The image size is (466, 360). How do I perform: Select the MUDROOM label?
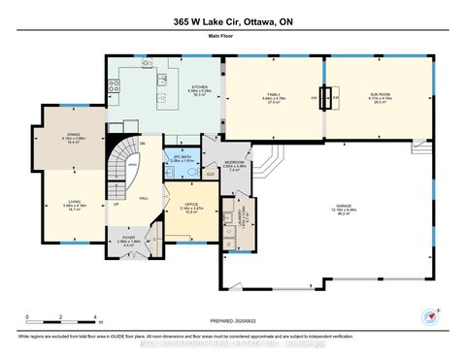coord(234,163)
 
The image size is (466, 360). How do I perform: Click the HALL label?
coord(143,197)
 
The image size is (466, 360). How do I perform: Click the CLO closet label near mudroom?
coord(211,174)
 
